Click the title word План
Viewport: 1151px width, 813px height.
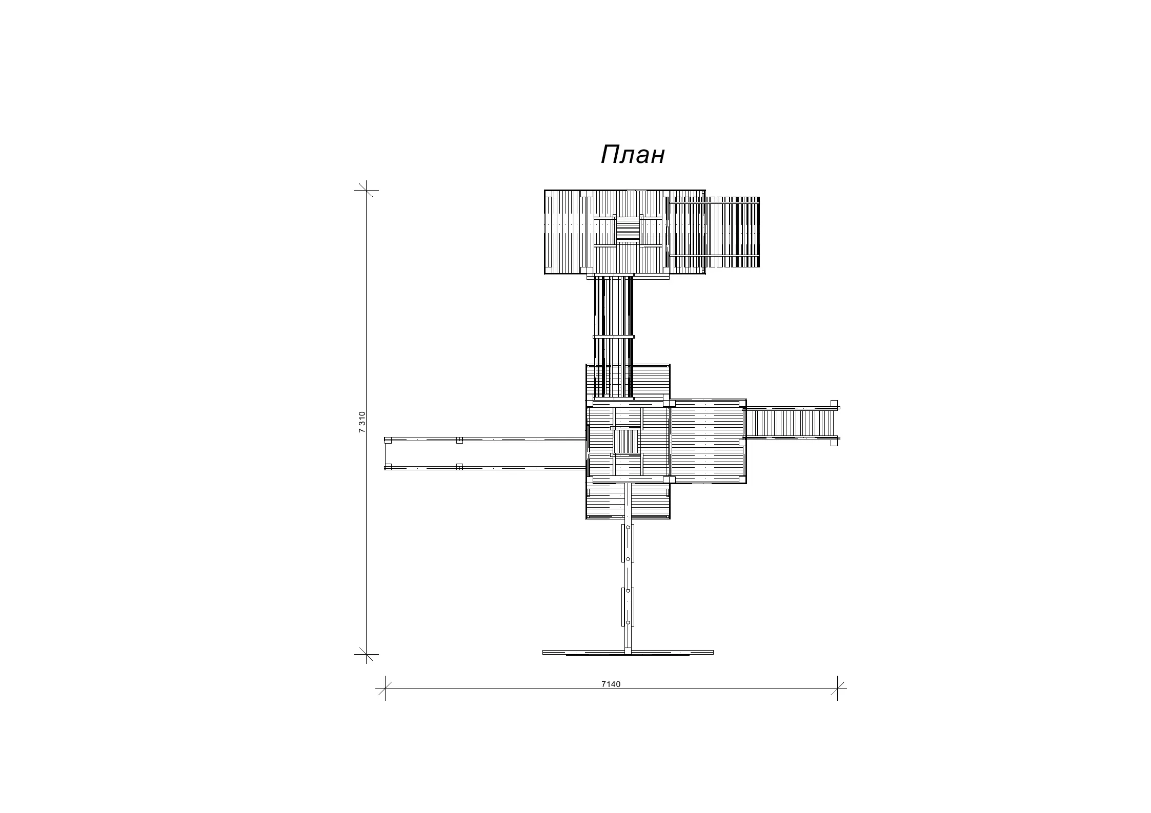633,155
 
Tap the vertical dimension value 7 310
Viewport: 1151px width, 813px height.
362,422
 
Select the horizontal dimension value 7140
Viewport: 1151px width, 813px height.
611,684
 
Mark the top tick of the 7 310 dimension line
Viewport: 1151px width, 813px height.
366,190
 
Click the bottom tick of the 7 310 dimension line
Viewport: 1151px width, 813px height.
366,654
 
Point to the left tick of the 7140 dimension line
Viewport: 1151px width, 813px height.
385,688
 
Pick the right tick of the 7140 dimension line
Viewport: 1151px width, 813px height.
837,688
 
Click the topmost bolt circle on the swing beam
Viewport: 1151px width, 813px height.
628,527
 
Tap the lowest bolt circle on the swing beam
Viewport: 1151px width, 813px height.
628,622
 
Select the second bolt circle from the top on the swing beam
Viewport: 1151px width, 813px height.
628,559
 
